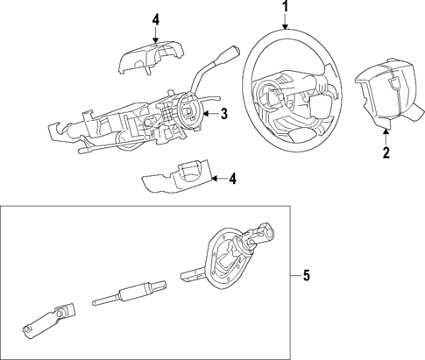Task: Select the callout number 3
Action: tap(224, 113)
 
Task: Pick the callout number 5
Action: tap(306, 278)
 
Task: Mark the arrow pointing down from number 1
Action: tap(284, 25)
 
